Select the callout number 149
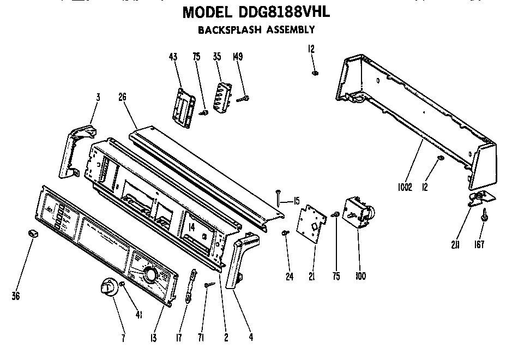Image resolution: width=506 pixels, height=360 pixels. coord(238,57)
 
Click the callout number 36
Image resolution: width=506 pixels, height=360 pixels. coord(16,296)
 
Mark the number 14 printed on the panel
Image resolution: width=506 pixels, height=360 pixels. coord(191,227)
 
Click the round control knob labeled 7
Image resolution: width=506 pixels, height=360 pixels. coord(110,287)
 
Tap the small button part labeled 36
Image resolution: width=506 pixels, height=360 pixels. coord(32,233)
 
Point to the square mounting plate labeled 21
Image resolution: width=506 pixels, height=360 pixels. coord(311,225)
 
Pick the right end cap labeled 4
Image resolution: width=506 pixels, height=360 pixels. coord(239,256)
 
